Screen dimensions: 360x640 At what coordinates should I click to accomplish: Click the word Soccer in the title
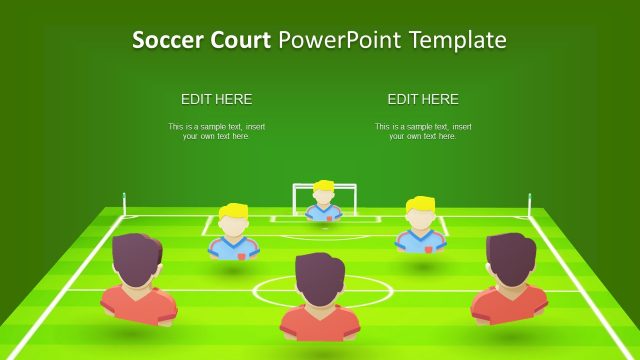pyautogui.click(x=166, y=41)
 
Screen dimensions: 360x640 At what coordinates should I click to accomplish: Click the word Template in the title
pyautogui.click(x=455, y=41)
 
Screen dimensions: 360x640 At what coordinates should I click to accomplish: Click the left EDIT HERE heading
pyautogui.click(x=216, y=99)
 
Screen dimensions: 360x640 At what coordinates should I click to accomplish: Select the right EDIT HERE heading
pyautogui.click(x=423, y=99)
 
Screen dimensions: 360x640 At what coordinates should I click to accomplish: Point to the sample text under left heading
pyautogui.click(x=216, y=131)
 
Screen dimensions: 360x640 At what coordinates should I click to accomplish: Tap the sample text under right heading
pyautogui.click(x=423, y=131)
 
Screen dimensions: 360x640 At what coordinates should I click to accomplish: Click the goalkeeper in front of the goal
pyautogui.click(x=323, y=201)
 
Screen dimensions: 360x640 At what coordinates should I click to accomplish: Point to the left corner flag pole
pyautogui.click(x=124, y=202)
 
